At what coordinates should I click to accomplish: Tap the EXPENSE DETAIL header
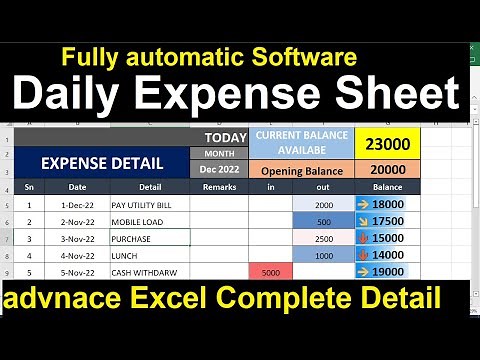[103, 161]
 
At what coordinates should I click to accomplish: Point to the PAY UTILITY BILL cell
[150, 204]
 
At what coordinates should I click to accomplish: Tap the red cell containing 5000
[271, 272]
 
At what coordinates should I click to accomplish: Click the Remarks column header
[218, 187]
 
